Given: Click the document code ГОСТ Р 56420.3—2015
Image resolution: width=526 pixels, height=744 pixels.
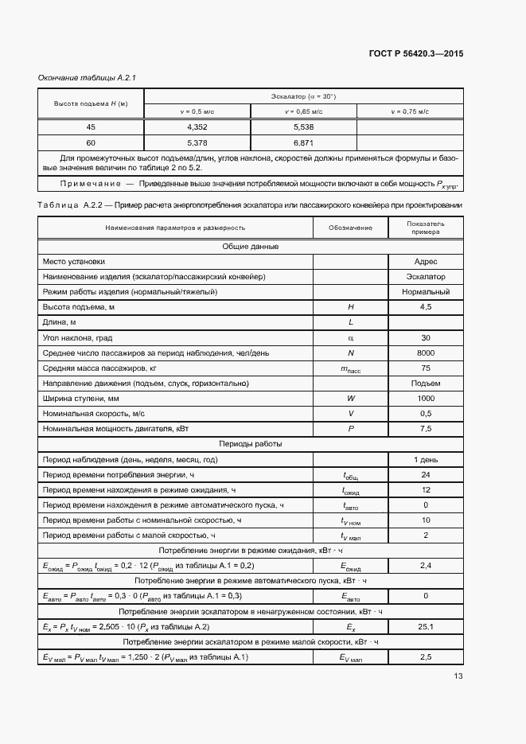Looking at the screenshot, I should coord(416,53).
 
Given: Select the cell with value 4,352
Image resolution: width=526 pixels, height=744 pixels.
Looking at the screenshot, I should coord(197,127).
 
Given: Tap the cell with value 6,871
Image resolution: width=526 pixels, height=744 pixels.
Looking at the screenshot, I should coord(303,142).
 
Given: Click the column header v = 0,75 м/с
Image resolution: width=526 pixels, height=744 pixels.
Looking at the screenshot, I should coord(409,112).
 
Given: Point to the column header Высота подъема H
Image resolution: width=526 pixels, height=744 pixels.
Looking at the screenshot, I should coord(91,104).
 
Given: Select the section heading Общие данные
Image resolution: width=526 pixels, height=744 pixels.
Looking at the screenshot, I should coord(251,247).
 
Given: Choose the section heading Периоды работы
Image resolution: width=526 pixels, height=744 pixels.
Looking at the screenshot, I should coord(251,443).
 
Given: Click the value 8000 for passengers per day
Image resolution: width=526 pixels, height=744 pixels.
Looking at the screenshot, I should coord(426,353).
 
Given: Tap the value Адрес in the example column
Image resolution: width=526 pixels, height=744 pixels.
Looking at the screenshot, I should coord(426,262).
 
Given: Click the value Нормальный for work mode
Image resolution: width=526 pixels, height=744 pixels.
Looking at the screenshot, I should coord(426,292).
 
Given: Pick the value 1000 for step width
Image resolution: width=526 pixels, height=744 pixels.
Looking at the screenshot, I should coord(426,398).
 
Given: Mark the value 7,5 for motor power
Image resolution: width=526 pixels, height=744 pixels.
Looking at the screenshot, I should coord(426,428).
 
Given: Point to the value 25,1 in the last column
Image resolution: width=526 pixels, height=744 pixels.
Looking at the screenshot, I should coord(426,626).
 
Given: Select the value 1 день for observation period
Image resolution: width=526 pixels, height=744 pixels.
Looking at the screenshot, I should coord(426,459).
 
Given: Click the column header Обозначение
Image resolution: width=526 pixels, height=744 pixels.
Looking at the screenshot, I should coord(350,228).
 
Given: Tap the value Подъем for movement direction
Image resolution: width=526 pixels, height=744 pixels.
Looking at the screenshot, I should coord(426,383).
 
